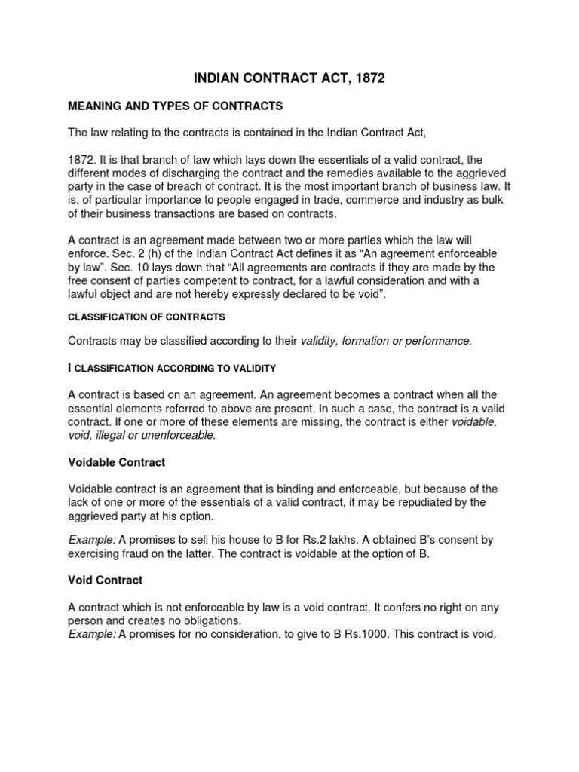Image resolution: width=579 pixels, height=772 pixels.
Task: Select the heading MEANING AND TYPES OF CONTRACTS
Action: click(175, 106)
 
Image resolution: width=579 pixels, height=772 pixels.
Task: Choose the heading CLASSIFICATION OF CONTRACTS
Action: click(146, 317)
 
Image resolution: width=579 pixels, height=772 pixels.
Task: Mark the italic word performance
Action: click(439, 341)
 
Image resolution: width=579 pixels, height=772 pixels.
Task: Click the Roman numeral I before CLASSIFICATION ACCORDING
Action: click(70, 368)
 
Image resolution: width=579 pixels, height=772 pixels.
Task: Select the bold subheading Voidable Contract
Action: click(116, 461)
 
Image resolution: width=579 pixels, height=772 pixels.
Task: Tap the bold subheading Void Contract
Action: click(105, 581)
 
